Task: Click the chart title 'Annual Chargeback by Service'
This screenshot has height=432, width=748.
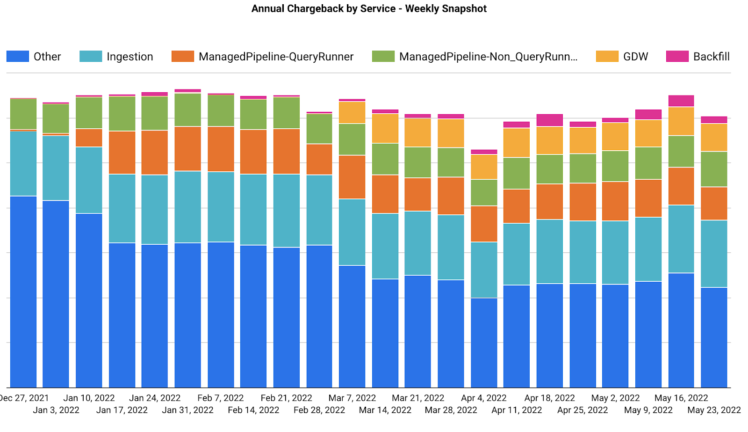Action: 369,9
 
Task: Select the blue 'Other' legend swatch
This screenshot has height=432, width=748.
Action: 18,57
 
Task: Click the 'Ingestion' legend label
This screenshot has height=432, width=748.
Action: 129,57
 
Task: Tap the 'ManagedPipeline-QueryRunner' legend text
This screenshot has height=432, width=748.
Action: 276,57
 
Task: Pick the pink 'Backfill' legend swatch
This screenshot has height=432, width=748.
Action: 677,57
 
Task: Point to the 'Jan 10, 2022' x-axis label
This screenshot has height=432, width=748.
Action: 89,398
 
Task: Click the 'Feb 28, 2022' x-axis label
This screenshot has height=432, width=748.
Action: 319,410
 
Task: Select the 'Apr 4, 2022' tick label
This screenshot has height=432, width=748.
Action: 484,398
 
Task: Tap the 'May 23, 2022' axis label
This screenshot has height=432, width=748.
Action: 714,410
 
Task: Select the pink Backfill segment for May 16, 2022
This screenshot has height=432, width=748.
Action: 681,101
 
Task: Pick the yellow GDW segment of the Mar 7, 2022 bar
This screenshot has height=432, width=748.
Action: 352,113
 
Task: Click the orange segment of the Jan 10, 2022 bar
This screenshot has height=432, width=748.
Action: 89,138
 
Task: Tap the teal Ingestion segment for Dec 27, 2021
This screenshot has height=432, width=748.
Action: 23,163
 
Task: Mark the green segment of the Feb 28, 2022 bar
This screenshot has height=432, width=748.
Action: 319,129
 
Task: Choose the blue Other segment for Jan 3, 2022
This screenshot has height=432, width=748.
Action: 56,294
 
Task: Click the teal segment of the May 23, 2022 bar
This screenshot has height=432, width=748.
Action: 714,254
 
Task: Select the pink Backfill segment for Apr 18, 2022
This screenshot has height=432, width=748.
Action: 550,120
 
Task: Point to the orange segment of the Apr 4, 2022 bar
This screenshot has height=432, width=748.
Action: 484,224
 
